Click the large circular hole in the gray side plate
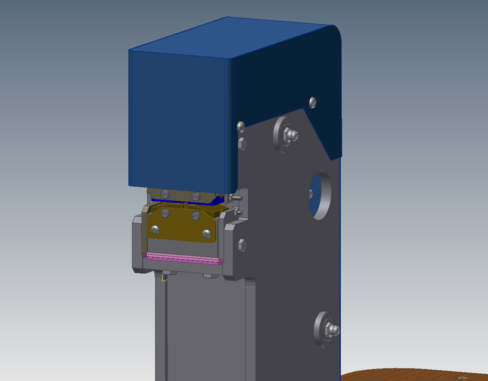coord(320,195)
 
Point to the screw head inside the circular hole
coord(310,192)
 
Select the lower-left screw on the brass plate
coord(156,229)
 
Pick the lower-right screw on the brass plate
coord(207,233)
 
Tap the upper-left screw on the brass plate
coord(166,213)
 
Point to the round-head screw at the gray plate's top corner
coord(241,126)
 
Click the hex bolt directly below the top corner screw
coord(241,143)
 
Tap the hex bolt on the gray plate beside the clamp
coord(241,244)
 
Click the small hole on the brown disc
coord(459,377)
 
